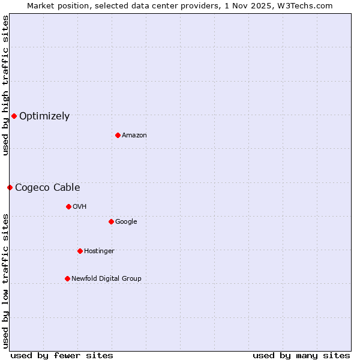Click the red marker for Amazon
[118, 135]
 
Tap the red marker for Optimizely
[14, 116]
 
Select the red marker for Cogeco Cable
[10, 187]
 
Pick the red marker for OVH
[68, 206]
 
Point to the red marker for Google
[111, 221]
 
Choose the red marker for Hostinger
[80, 251]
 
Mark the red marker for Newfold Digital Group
[67, 278]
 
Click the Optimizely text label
[44, 116]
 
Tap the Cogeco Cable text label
[47, 188]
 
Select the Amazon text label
[134, 136]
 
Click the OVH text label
[80, 207]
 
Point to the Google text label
[126, 222]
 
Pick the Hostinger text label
[99, 251]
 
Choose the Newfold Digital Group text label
[106, 279]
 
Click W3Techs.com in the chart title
[305, 5]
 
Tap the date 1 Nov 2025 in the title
[248, 5]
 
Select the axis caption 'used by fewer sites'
[62, 356]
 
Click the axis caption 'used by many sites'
[301, 356]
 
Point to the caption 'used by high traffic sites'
[5, 85]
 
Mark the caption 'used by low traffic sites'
[5, 280]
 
